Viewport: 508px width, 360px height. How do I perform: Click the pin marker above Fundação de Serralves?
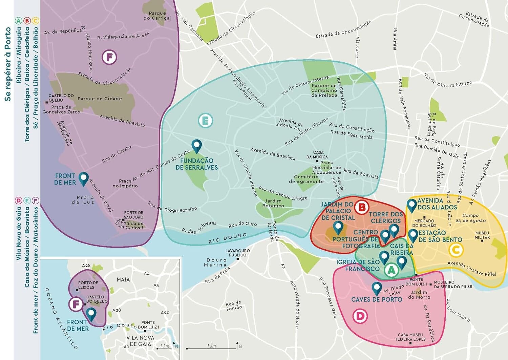(x=196, y=146)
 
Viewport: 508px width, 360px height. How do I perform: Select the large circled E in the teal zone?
(x=205, y=121)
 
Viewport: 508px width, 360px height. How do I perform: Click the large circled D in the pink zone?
(x=360, y=316)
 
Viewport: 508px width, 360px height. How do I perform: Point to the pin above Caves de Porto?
(x=377, y=288)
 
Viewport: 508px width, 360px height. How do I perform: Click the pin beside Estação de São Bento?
(x=413, y=235)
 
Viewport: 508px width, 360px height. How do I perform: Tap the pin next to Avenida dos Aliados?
(x=411, y=205)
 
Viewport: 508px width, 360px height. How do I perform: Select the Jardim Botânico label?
(x=273, y=203)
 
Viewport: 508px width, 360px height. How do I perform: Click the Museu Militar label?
(x=482, y=235)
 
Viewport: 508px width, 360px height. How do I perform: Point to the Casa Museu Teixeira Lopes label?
(x=410, y=337)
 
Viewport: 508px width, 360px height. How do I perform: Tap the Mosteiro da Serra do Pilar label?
(x=453, y=284)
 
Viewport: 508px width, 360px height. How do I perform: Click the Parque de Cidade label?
(x=100, y=99)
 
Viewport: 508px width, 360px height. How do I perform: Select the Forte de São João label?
(x=133, y=215)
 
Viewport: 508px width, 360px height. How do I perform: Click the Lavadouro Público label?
(x=238, y=253)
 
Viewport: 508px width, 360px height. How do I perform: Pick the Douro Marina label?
(x=215, y=262)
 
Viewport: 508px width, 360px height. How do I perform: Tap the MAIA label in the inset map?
(x=123, y=280)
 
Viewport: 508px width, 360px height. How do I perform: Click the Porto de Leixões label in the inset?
(x=88, y=285)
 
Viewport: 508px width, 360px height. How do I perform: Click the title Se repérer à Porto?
(x=7, y=64)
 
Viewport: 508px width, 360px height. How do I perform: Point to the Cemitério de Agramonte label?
(x=306, y=179)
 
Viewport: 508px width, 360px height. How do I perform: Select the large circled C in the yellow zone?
(x=456, y=250)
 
